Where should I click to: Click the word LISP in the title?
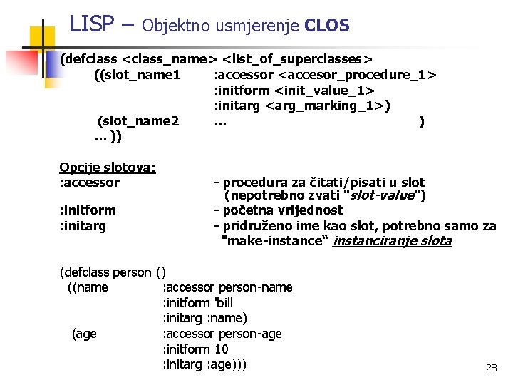(x=92, y=24)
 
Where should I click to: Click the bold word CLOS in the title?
(x=326, y=26)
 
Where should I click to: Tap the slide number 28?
(x=491, y=368)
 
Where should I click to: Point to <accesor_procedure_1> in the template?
(x=358, y=74)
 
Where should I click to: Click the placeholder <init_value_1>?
(x=326, y=90)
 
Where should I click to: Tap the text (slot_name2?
(x=138, y=121)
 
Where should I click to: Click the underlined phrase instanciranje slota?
(x=392, y=241)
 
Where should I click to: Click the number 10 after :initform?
(x=221, y=349)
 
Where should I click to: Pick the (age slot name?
(x=85, y=334)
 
